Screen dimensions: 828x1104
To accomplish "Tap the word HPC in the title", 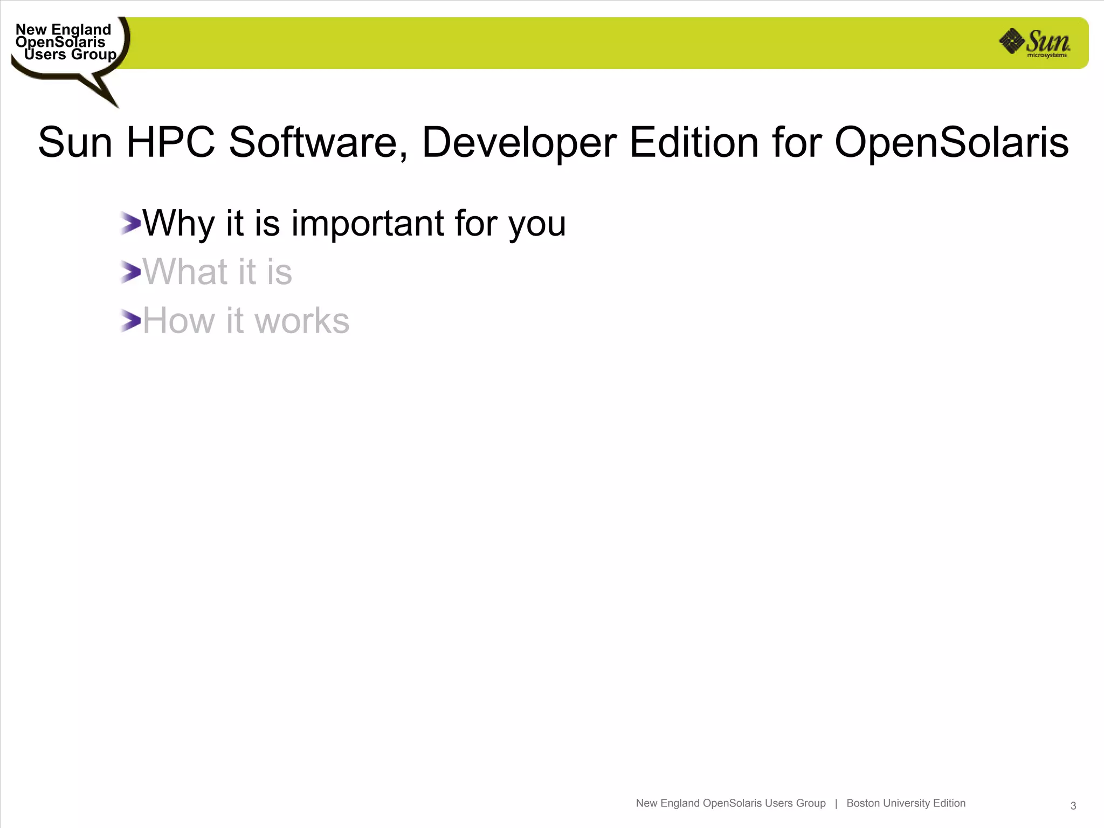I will pyautogui.click(x=170, y=142).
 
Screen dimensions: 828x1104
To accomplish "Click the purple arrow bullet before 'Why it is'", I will pyautogui.click(x=130, y=223).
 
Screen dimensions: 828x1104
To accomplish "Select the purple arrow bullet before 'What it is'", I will pyautogui.click(x=130, y=272).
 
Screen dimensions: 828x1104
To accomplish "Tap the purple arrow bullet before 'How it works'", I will pyautogui.click(x=130, y=321).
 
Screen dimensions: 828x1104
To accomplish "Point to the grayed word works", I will pyautogui.click(x=301, y=321).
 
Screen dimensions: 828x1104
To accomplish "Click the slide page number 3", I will pyautogui.click(x=1073, y=806).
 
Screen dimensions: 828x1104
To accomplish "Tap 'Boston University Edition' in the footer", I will pyautogui.click(x=906, y=803).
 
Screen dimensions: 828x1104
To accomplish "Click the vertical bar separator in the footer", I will pyautogui.click(x=836, y=803).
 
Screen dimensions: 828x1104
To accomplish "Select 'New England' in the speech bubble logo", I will pyautogui.click(x=63, y=29).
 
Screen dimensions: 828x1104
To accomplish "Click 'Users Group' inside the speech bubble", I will pyautogui.click(x=70, y=54).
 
